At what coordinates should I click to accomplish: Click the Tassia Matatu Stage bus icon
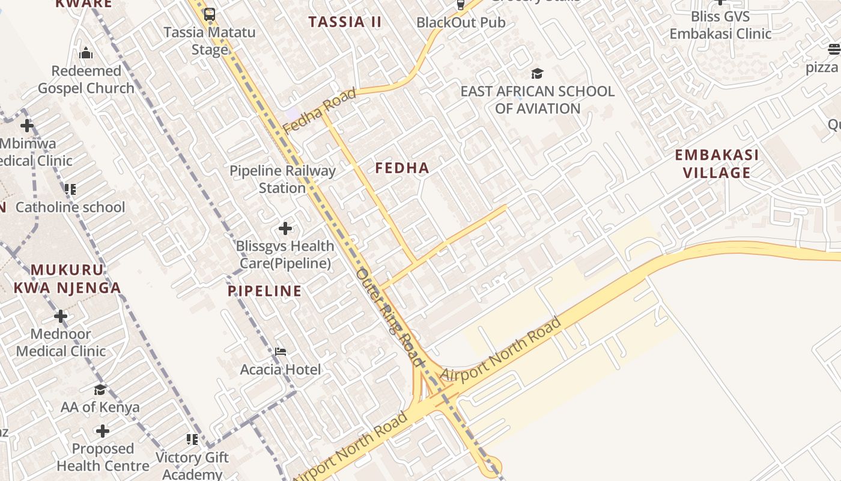(209, 14)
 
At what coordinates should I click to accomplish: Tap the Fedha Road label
(320, 111)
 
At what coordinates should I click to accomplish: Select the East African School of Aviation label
(537, 100)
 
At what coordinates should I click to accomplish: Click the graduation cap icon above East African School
(537, 73)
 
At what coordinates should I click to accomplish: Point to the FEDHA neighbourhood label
(402, 168)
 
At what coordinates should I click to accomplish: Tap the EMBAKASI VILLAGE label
(717, 164)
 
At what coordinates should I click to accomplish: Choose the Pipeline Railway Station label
(282, 179)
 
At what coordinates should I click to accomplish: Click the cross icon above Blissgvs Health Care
(285, 228)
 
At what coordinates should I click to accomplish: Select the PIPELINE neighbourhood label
(264, 292)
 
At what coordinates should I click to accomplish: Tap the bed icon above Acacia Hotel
(281, 351)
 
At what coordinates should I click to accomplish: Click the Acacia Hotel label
(281, 369)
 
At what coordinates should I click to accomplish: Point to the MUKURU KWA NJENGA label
(67, 279)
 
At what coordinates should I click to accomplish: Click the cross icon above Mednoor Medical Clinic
(61, 316)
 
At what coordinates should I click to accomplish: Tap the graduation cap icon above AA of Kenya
(100, 390)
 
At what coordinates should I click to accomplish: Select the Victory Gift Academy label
(192, 466)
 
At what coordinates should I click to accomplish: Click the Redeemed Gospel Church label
(86, 79)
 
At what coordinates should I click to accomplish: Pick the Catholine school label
(70, 207)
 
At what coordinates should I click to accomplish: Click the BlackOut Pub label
(461, 23)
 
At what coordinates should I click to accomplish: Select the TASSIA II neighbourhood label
(345, 22)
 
